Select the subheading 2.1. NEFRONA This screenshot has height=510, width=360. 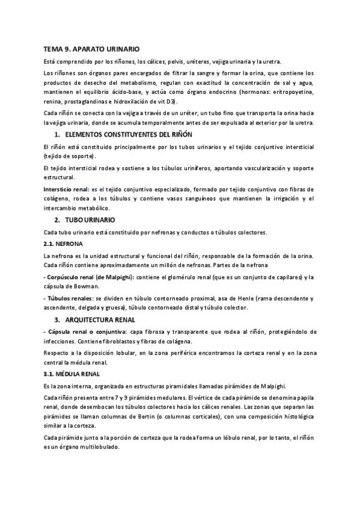point(63,244)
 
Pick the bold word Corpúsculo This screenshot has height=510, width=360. point(66,277)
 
